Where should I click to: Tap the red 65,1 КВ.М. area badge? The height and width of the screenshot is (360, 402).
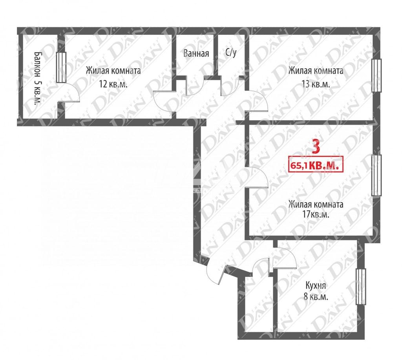316,164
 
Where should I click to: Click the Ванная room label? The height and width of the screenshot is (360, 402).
196,53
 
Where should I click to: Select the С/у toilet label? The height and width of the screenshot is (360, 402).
231,53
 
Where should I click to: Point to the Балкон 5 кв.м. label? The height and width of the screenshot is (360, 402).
38,79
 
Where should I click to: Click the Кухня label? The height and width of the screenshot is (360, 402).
316,285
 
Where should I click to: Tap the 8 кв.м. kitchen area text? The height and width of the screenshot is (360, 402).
316,297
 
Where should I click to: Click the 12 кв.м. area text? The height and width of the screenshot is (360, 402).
113,84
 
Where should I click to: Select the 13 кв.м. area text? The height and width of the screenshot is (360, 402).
316,84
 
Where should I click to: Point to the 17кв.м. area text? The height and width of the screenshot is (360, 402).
316,214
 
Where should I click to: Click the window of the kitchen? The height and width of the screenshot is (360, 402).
361,287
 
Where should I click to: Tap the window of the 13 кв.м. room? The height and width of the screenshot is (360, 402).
376,75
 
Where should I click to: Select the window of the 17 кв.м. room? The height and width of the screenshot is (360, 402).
376,175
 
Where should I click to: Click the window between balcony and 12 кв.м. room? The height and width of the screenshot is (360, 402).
61,67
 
